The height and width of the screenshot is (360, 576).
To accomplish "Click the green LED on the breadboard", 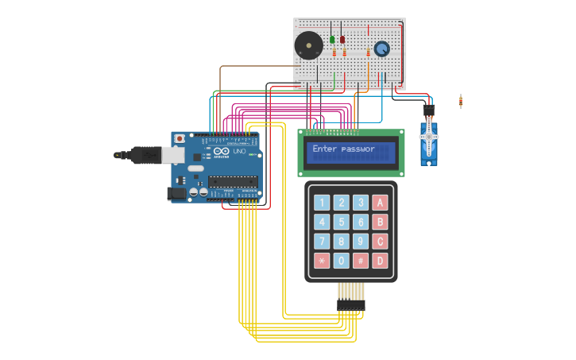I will pos(332,39).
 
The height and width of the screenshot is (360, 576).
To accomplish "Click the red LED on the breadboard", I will pos(342,39).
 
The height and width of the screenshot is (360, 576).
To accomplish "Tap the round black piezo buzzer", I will pos(308,45).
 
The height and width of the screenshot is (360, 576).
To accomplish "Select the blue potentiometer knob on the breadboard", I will pos(382,48).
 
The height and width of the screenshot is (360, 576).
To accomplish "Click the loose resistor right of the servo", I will pos(461,101).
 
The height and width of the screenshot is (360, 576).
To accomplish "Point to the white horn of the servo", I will pos(430,136).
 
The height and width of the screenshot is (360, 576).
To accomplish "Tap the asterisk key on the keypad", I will pos(322,261).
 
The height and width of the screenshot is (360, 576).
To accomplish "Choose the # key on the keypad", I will pos(361,261).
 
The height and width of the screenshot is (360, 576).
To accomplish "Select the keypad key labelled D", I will pos(380,261).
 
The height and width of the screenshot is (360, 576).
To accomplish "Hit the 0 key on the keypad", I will pos(341,261).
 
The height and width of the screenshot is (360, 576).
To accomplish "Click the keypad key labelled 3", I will pos(361,203).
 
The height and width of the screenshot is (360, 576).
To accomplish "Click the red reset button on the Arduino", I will pos(180,138).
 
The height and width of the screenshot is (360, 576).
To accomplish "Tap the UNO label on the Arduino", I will pos(239,151).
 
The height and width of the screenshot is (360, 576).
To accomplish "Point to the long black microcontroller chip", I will pos(233,182).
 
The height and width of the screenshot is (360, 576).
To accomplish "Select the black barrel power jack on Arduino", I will pos(176,193).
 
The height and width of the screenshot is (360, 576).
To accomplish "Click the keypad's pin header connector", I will pos(350,304).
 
